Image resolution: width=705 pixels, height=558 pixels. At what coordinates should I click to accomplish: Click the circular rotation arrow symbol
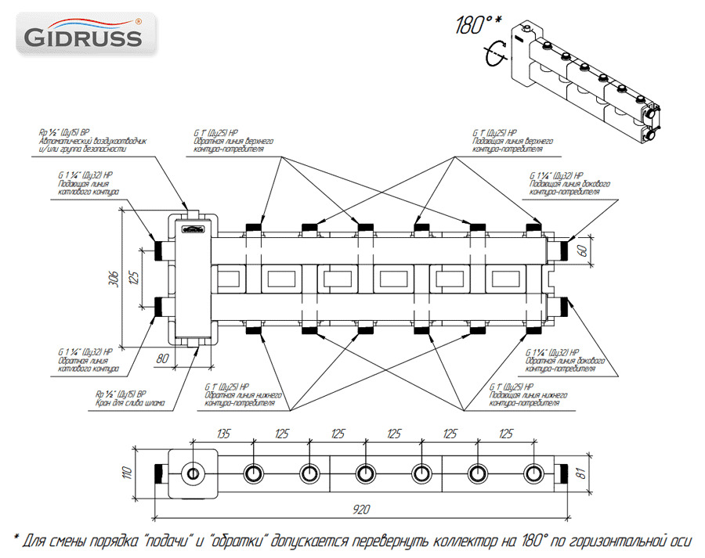tap(493, 54)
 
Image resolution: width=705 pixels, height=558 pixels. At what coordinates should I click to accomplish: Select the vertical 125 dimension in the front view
tap(134, 277)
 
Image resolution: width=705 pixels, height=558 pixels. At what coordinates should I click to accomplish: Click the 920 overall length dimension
tap(360, 509)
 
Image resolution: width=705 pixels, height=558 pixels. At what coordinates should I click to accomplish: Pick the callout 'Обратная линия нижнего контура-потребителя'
tap(242, 398)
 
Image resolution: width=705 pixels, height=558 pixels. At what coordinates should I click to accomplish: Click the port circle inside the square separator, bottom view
tap(192, 473)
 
